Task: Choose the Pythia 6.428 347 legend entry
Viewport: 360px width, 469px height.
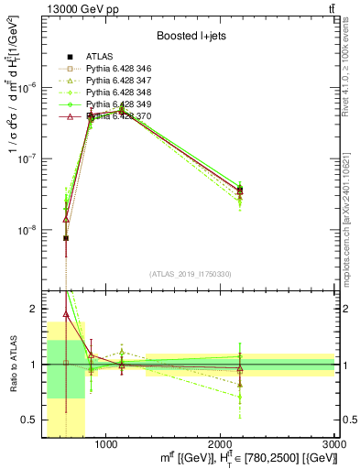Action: (123, 81)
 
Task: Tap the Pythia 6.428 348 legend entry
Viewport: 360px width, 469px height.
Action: (123, 93)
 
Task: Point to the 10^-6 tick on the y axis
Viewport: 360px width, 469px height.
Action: (29, 87)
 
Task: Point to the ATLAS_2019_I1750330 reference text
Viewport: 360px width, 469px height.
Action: (190, 274)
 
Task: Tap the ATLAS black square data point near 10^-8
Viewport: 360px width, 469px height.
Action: (66, 238)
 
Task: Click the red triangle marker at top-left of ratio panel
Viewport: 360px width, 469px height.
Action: (66, 314)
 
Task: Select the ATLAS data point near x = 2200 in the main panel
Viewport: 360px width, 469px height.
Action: (240, 190)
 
